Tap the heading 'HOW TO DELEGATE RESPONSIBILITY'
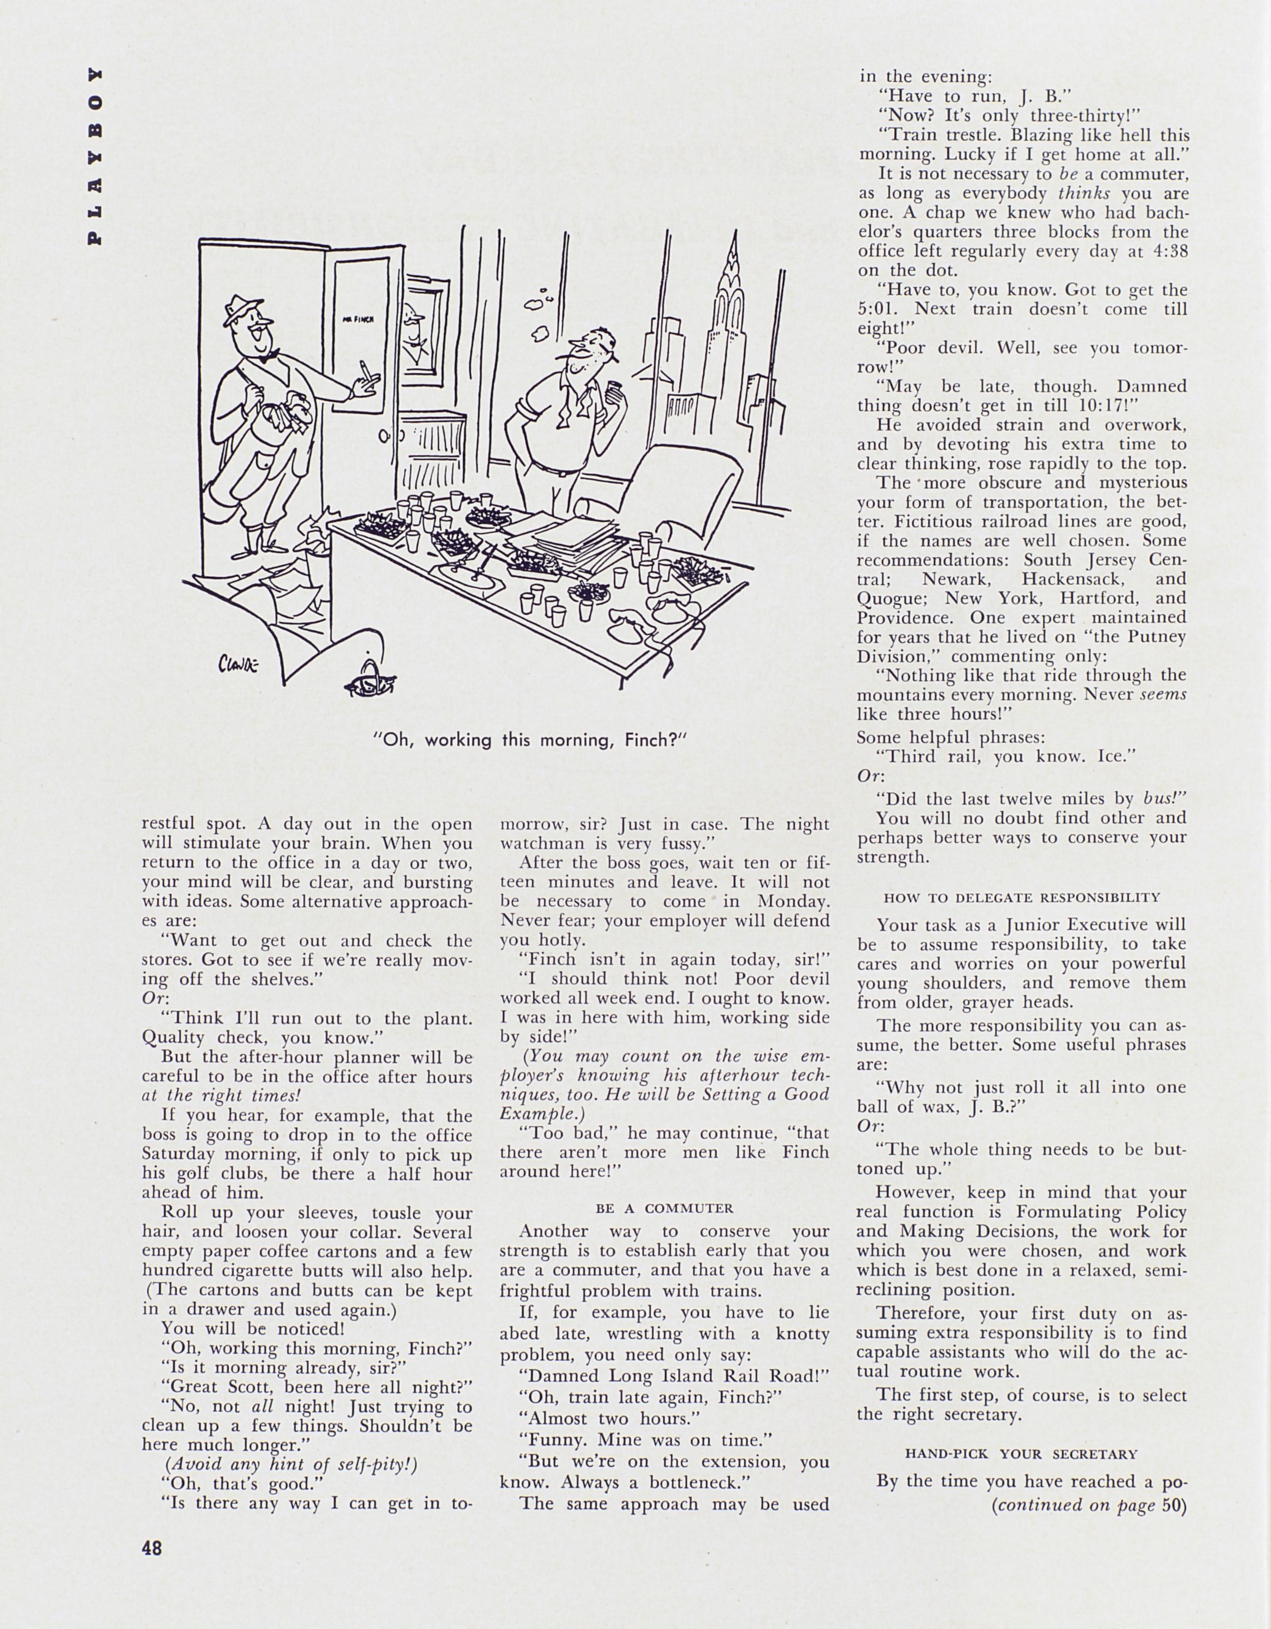(x=1021, y=897)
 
